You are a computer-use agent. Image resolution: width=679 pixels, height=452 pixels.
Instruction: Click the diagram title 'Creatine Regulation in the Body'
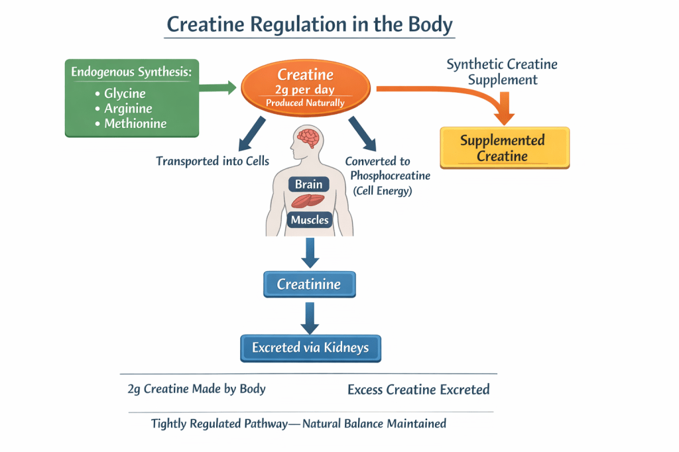click(310, 25)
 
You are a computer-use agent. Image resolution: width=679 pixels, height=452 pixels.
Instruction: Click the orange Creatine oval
click(306, 88)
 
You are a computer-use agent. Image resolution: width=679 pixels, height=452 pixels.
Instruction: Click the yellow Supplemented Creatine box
click(503, 148)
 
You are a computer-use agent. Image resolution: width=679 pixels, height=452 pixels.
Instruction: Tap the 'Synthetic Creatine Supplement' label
click(502, 72)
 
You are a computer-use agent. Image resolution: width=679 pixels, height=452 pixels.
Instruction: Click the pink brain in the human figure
click(309, 139)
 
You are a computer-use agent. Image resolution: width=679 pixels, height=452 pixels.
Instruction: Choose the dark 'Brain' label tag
click(308, 185)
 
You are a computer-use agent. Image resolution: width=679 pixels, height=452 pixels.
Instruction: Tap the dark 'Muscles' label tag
click(310, 219)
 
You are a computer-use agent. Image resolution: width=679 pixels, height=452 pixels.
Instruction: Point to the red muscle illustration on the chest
click(309, 201)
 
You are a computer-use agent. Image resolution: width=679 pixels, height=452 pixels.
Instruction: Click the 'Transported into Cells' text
click(213, 161)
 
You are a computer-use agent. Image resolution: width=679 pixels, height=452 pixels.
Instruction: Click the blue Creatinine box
click(309, 284)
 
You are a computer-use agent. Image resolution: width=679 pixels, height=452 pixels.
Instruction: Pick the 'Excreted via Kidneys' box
click(310, 347)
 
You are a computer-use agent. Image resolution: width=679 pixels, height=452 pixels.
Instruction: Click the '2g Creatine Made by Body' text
click(196, 389)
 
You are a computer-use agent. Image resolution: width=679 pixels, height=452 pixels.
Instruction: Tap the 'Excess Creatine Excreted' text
click(418, 390)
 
